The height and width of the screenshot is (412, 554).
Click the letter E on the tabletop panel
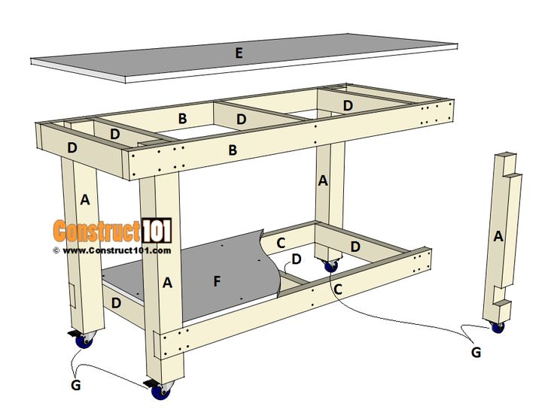click(x=239, y=53)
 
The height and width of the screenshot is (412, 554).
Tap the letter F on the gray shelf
click(x=217, y=282)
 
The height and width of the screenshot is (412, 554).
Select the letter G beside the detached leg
click(x=475, y=351)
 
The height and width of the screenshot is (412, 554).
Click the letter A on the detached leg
click(x=497, y=236)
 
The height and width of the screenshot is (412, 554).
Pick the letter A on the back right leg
click(x=323, y=180)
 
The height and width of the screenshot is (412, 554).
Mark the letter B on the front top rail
click(x=233, y=150)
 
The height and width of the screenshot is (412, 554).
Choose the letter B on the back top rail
click(x=182, y=118)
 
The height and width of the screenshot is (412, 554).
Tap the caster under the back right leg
click(x=330, y=265)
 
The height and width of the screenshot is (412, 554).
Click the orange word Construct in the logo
click(x=96, y=229)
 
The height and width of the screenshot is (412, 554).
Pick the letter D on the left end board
click(x=72, y=148)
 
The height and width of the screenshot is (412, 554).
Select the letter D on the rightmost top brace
click(x=348, y=106)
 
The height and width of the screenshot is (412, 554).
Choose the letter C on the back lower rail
click(x=281, y=243)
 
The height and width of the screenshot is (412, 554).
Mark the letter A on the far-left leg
click(x=84, y=199)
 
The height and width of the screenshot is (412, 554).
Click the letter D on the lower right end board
click(x=355, y=247)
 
